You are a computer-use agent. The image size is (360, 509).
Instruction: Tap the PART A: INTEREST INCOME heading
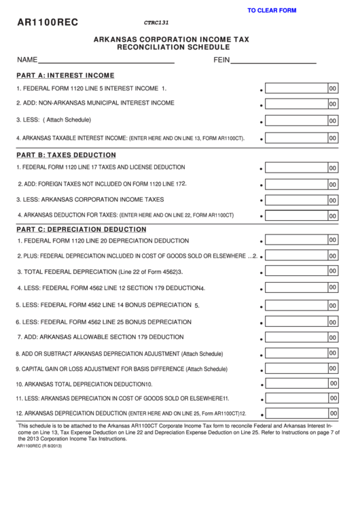(x=65, y=75)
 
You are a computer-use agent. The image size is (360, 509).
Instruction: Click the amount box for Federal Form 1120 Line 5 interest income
(x=296, y=88)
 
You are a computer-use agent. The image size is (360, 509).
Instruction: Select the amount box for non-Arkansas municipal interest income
(x=296, y=105)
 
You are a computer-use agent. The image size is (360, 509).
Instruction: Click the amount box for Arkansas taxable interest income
(x=296, y=137)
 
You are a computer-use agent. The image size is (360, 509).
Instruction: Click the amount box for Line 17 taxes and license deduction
(x=296, y=168)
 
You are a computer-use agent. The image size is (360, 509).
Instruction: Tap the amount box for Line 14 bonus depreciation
(x=296, y=304)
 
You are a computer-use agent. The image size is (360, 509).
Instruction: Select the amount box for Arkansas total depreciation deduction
(x=296, y=383)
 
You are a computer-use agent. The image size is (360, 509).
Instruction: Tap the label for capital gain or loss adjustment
(x=122, y=369)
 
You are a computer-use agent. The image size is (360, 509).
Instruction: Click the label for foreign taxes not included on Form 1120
(x=102, y=183)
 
